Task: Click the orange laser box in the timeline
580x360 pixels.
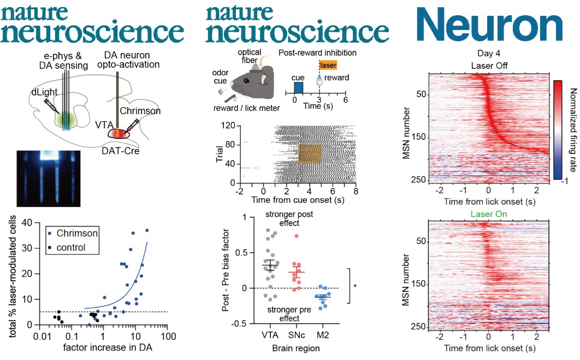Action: point(329,65)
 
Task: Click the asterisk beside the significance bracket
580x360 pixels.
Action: point(356,285)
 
